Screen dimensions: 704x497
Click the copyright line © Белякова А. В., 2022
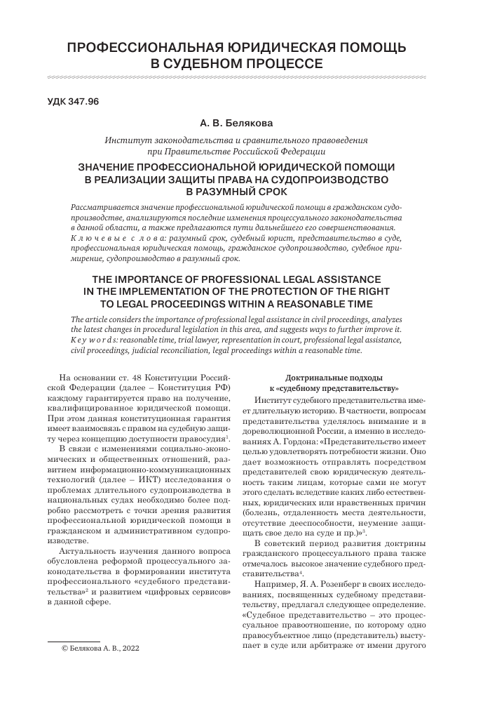[101, 668]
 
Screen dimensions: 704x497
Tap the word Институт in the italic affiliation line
[126, 140]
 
